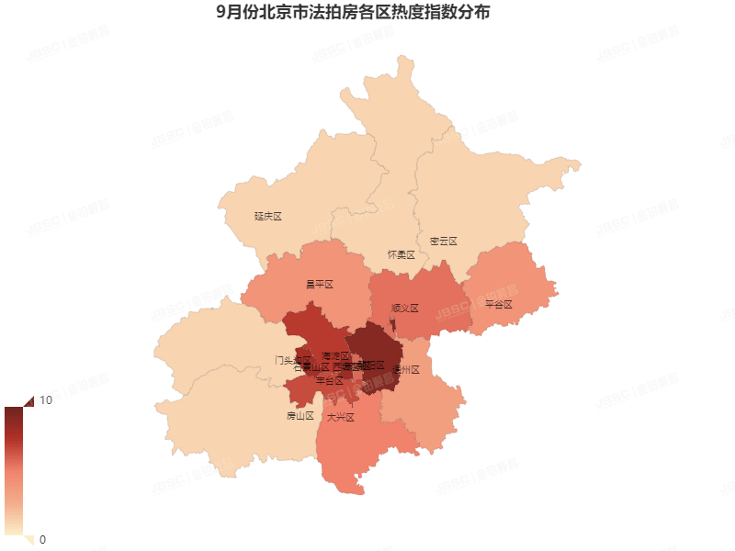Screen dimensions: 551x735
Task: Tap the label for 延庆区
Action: [267, 217]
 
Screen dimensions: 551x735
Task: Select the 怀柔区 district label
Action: [401, 254]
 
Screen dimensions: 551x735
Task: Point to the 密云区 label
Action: [443, 242]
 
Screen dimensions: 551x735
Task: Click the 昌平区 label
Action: [319, 285]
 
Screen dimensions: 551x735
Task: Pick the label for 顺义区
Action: [404, 309]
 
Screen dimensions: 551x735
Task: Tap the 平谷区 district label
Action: [498, 304]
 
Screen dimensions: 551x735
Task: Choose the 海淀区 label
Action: [335, 355]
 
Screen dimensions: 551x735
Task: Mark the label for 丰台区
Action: [330, 380]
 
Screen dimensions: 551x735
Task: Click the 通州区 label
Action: [405, 370]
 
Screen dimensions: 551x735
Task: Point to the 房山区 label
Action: [300, 416]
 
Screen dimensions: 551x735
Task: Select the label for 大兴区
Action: [340, 417]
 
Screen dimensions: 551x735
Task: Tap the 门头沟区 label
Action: [293, 360]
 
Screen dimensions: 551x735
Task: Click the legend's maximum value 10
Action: [45, 400]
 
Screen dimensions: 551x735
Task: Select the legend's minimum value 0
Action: [42, 539]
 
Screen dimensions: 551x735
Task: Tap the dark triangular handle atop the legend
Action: [27, 400]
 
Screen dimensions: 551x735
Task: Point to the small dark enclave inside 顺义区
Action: [393, 327]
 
